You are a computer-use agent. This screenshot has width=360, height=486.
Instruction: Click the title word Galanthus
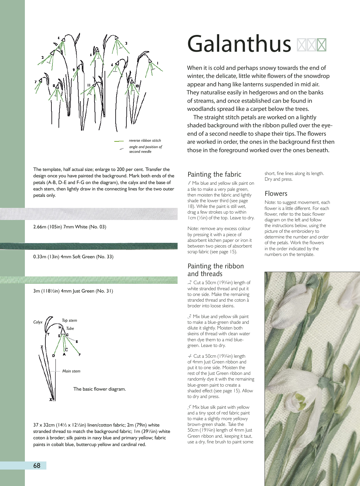[239, 44]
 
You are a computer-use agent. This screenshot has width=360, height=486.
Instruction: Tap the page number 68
[37, 466]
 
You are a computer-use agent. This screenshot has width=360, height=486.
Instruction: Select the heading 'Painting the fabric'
[214, 174]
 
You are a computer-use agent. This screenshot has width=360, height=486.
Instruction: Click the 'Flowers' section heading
[276, 193]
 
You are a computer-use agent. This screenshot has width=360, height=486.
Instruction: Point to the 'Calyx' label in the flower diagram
[38, 322]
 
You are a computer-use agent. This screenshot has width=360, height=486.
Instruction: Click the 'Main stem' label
[71, 371]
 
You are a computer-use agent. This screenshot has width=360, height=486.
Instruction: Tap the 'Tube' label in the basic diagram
[70, 328]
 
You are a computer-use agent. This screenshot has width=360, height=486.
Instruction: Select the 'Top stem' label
[69, 320]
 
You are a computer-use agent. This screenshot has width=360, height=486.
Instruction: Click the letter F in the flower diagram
[80, 354]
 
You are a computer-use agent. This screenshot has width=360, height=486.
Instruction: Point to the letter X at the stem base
[51, 399]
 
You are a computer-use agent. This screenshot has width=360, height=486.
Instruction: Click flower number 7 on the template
[35, 82]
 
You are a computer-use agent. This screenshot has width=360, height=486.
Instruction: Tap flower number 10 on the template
[137, 86]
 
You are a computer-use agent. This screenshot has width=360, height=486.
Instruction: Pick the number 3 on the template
[126, 43]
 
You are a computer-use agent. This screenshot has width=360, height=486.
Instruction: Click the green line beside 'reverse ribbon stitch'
[119, 141]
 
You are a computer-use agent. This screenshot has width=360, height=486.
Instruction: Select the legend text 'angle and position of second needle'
[145, 149]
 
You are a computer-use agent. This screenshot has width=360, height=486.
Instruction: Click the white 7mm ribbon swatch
[89, 214]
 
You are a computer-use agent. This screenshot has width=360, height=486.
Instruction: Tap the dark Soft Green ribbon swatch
[89, 246]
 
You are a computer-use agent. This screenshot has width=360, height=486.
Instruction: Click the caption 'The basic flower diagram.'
[99, 389]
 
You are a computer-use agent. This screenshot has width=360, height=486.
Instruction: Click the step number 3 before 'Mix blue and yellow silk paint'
[190, 316]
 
